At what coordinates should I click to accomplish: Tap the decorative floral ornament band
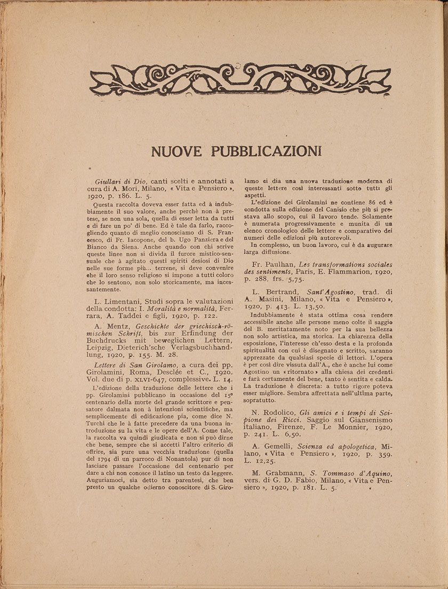(240, 80)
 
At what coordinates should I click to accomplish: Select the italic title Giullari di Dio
(117, 181)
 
